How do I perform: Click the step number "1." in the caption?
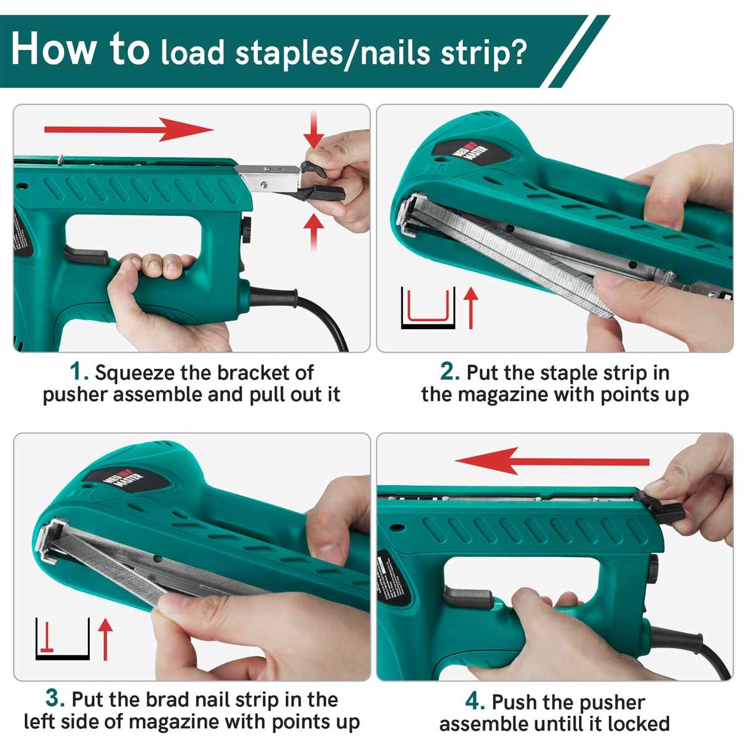click(79, 372)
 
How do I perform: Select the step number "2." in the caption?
click(449, 372)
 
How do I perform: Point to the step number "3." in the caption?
click(55, 698)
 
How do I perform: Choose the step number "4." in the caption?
click(475, 702)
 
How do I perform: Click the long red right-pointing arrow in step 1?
click(128, 130)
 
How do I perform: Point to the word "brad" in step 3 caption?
click(166, 700)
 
